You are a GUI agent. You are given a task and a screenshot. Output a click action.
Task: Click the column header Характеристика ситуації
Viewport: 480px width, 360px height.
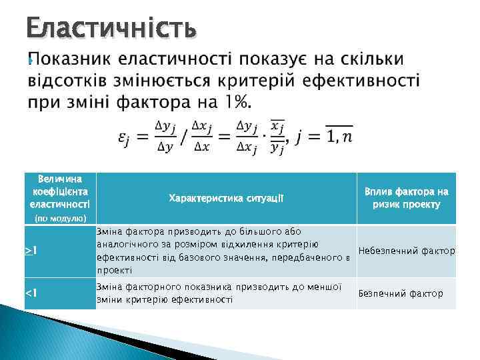click(226, 198)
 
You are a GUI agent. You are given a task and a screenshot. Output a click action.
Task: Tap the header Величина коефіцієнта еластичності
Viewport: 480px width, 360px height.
click(61, 190)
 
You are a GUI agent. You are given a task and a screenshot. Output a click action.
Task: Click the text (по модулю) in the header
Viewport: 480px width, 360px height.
click(61, 218)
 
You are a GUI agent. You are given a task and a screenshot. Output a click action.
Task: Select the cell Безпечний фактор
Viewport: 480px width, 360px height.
click(400, 293)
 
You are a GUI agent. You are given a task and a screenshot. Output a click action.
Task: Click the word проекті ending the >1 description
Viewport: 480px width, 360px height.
click(115, 271)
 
